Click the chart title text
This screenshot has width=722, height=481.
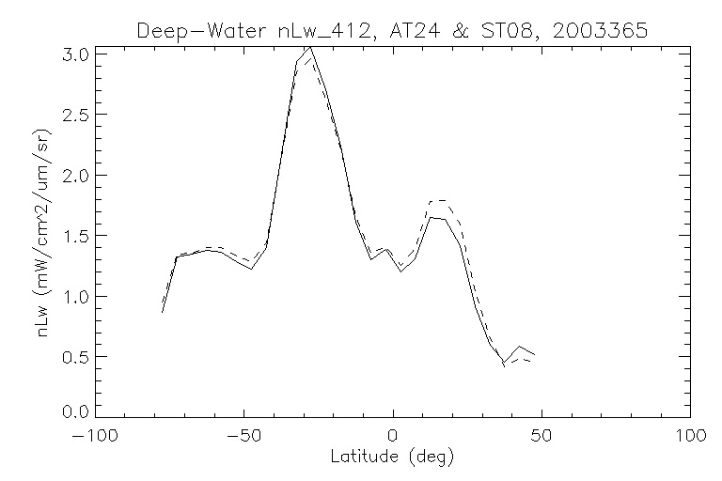coord(392,30)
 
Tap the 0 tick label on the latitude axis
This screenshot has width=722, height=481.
coord(393,437)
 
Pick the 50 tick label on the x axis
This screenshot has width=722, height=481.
coord(541,437)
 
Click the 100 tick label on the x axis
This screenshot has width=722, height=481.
coord(689,437)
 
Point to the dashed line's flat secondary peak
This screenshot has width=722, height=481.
coord(437,201)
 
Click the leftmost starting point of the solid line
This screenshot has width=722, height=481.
coord(163,312)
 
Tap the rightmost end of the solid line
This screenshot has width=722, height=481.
coord(534,354)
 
